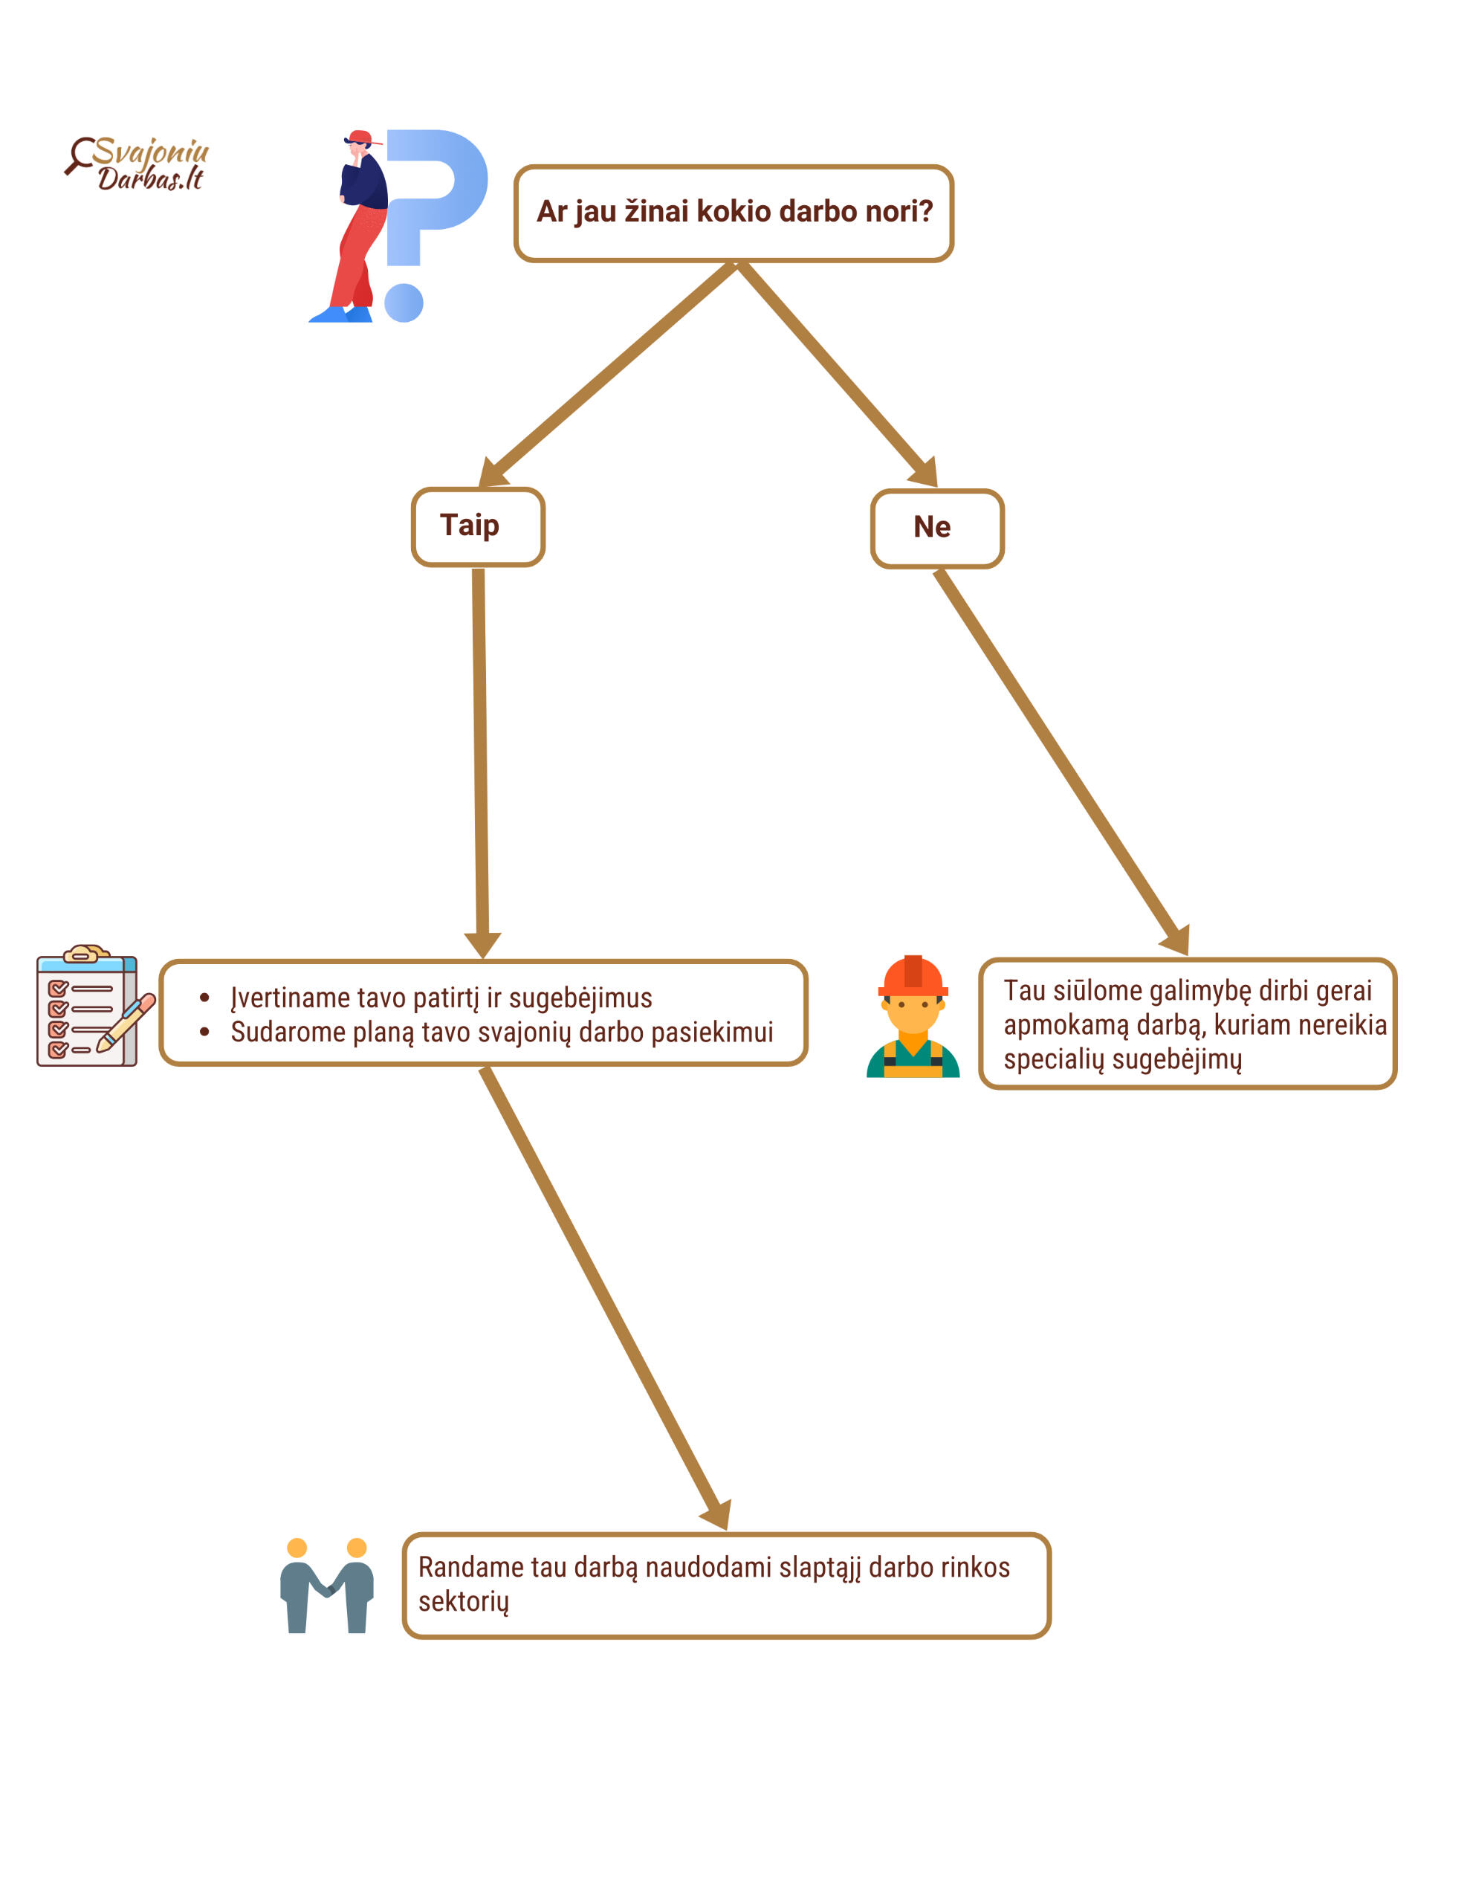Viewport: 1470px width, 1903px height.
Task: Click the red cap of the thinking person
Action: pyautogui.click(x=360, y=137)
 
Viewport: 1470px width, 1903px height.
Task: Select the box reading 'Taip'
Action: pyautogui.click(x=478, y=526)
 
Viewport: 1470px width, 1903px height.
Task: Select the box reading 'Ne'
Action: pyautogui.click(x=936, y=528)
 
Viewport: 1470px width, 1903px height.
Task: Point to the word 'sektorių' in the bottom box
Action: pyautogui.click(x=463, y=1600)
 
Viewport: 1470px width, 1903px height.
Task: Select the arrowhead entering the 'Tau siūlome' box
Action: pyautogui.click(x=1176, y=940)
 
